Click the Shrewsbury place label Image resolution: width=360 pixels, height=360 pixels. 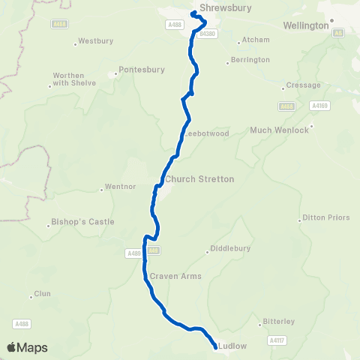[x=224, y=8]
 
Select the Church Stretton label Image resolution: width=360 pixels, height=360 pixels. [x=199, y=179]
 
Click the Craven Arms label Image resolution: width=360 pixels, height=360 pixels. [x=176, y=276]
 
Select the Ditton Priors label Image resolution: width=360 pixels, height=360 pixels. [x=325, y=217]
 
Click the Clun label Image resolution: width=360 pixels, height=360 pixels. [x=42, y=293]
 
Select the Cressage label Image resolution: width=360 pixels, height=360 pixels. [x=303, y=85]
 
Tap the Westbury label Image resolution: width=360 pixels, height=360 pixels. [x=94, y=40]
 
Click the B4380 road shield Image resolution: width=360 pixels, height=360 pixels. [x=208, y=34]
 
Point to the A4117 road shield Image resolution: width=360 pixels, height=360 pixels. [x=277, y=340]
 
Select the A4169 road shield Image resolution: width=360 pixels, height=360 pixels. [x=319, y=106]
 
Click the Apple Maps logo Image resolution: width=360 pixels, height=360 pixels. [x=27, y=347]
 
